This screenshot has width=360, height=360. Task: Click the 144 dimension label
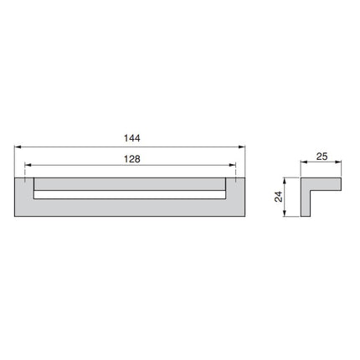(x=132, y=138)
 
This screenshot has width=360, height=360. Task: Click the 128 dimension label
(x=132, y=159)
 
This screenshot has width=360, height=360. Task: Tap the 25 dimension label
(x=321, y=157)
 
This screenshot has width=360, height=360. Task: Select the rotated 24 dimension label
(x=279, y=197)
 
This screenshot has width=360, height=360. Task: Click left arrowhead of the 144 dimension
(x=18, y=147)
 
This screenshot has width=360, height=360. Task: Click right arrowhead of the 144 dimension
(x=242, y=147)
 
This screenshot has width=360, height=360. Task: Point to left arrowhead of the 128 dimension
(x=28, y=165)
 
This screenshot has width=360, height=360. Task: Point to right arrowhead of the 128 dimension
(x=233, y=165)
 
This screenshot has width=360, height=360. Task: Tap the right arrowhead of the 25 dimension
(x=338, y=162)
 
